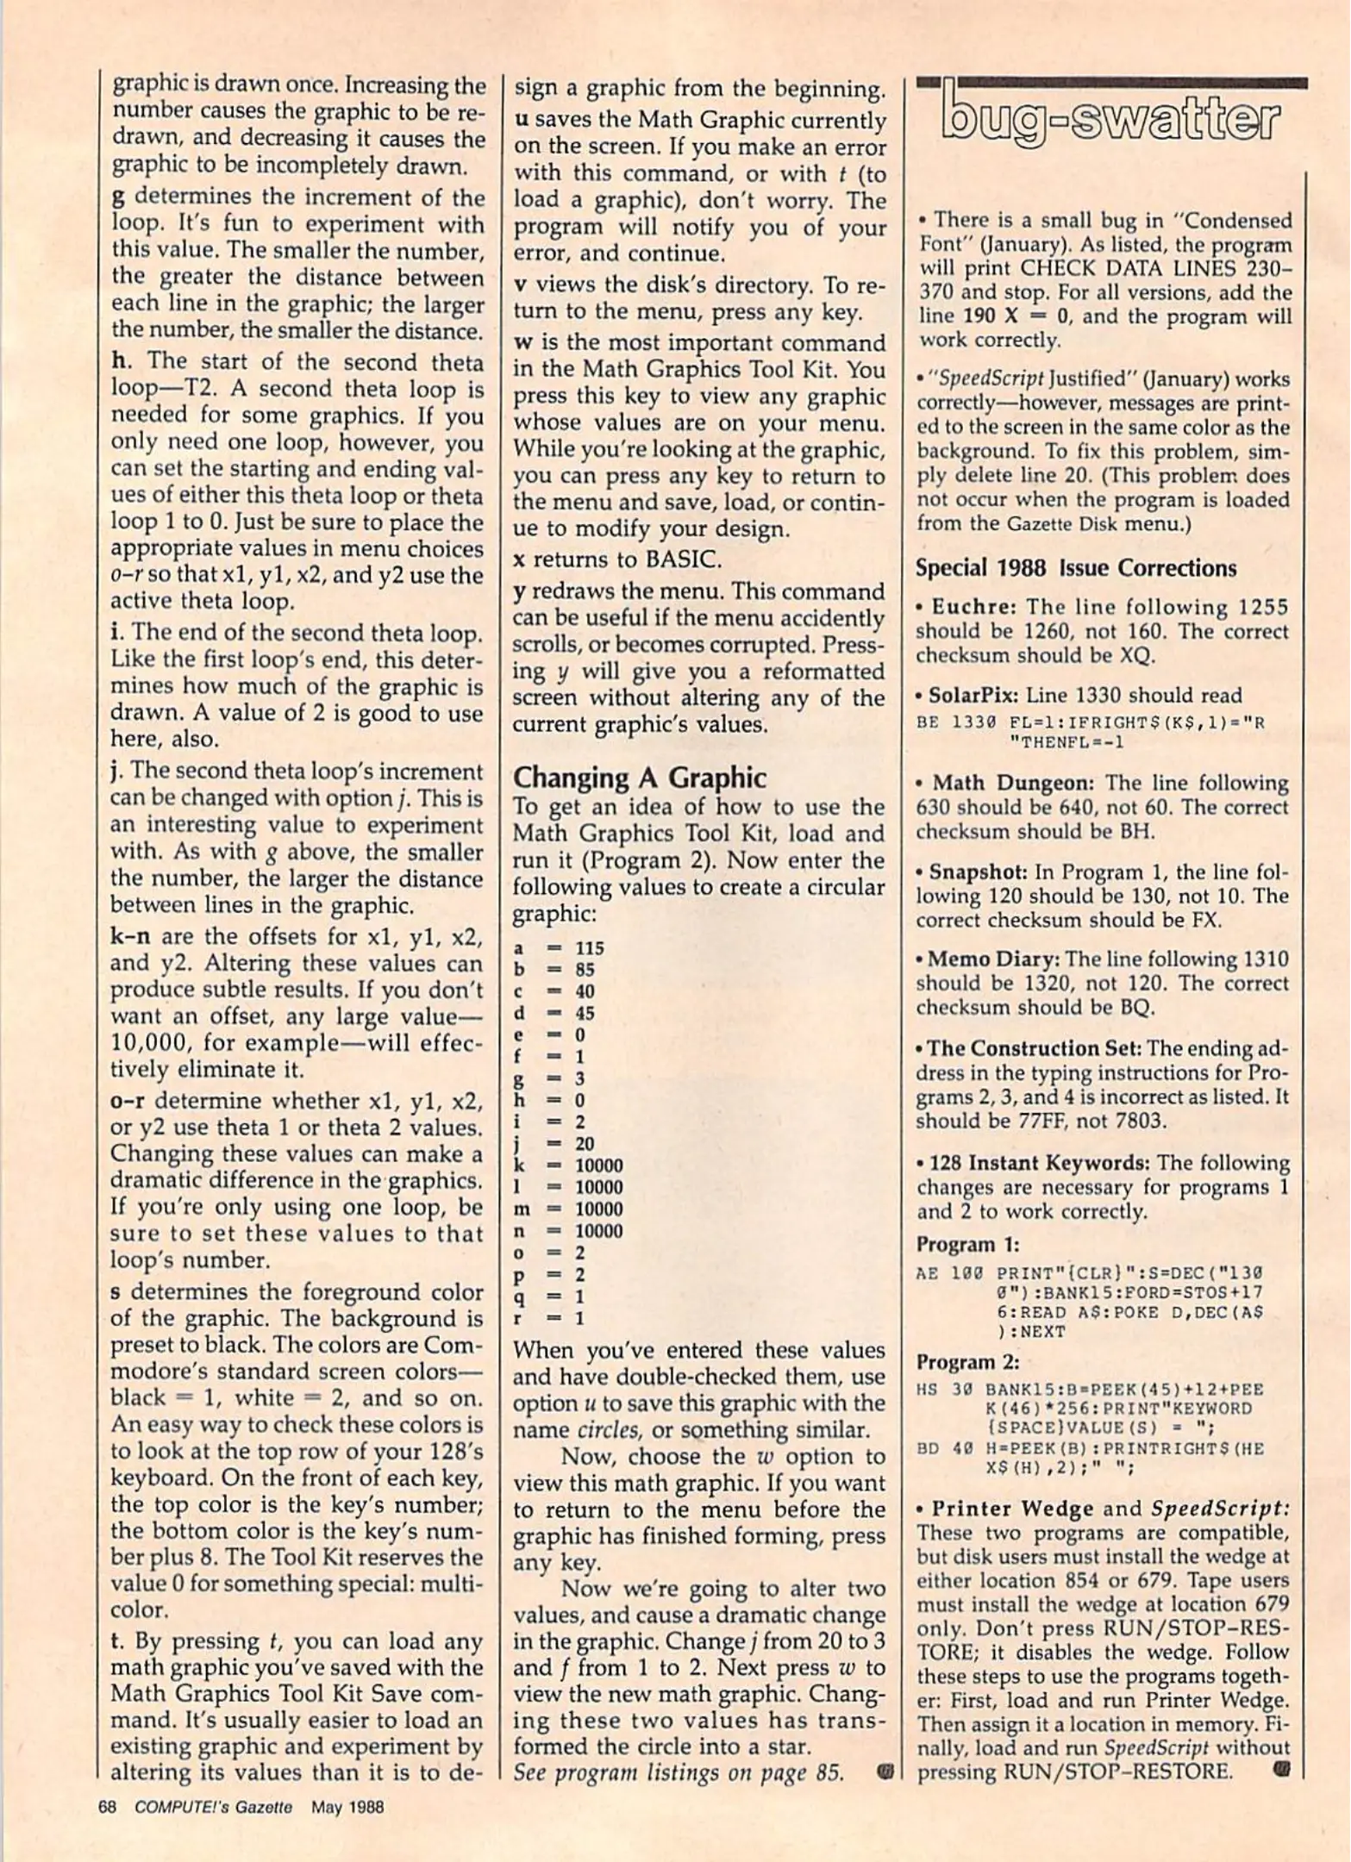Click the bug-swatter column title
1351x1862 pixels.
[x=1111, y=120]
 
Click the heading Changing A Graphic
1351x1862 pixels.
[x=639, y=778]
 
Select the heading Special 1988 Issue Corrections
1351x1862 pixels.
[x=1075, y=568]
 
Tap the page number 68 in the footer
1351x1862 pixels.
[x=107, y=1807]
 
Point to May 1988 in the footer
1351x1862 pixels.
[x=347, y=1807]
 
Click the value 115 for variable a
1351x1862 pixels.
[x=590, y=947]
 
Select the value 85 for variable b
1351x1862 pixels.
[x=585, y=969]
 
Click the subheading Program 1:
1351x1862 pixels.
[x=967, y=1245]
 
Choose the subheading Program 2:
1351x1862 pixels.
[x=967, y=1363]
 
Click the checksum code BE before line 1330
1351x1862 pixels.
[x=927, y=722]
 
